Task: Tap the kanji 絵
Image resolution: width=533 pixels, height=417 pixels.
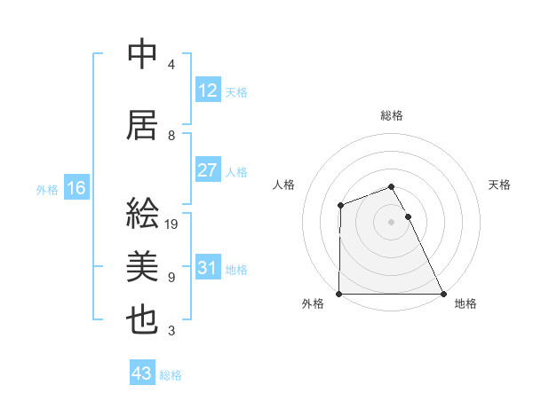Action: coord(142,214)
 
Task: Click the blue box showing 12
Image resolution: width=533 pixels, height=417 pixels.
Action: coord(208,90)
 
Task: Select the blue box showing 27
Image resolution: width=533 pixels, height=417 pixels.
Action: coord(208,170)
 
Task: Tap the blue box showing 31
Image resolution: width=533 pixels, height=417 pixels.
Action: coord(208,268)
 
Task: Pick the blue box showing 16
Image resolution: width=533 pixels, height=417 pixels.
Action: coord(76,188)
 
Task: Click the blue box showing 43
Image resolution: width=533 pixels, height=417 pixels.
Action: coord(142,374)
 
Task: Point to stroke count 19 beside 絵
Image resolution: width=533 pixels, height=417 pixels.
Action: coord(172,224)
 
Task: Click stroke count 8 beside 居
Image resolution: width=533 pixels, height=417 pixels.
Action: coord(171,136)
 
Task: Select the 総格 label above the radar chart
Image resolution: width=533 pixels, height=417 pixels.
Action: coord(392,115)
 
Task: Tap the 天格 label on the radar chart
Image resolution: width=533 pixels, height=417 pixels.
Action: coord(500,185)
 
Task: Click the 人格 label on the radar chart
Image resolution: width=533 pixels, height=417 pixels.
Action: coord(284,185)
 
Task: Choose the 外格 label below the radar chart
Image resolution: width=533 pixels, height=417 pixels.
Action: coord(312,304)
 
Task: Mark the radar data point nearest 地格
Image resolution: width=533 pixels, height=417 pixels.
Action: coord(443,294)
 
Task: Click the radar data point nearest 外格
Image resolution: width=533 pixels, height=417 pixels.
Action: coord(339,294)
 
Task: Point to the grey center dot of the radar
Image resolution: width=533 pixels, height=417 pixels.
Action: coord(392,222)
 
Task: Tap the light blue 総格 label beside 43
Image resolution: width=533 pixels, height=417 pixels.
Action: coord(171,375)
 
